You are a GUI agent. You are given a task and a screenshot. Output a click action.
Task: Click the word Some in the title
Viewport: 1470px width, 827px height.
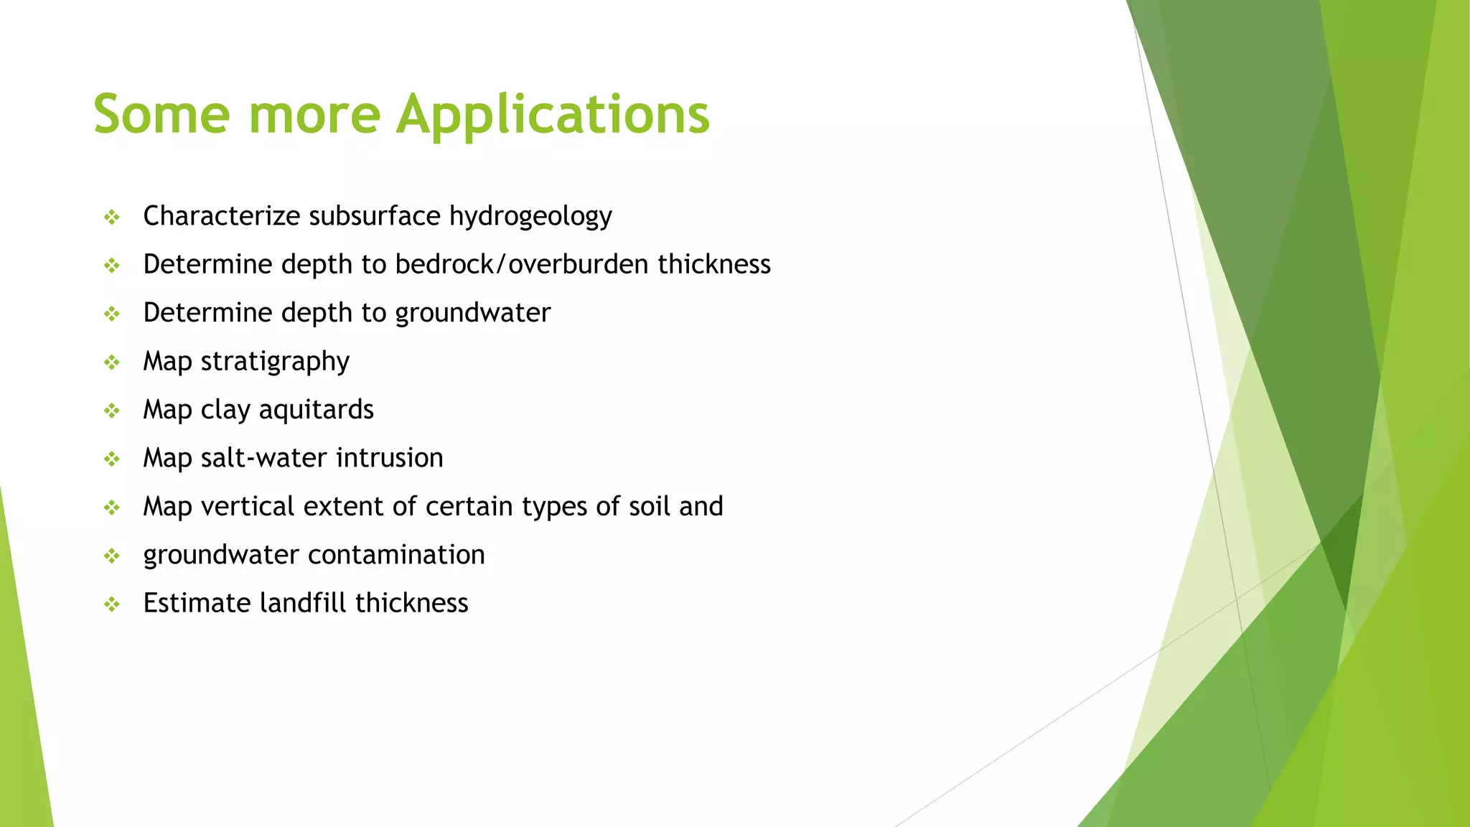(161, 115)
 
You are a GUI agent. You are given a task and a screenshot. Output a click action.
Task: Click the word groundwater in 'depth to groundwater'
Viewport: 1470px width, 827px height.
(472, 313)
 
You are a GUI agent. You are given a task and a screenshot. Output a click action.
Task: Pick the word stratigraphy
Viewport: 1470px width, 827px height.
(275, 361)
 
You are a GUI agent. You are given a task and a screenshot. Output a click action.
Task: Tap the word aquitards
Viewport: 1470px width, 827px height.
(316, 410)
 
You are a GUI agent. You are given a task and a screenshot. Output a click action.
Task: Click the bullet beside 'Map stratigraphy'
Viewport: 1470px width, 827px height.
(111, 363)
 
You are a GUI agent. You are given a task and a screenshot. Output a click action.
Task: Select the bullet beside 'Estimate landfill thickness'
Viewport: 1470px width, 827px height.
(111, 604)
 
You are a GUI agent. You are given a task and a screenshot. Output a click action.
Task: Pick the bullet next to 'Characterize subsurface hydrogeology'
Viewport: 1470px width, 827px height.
(111, 217)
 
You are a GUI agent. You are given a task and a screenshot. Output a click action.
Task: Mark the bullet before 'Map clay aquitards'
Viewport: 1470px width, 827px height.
(111, 411)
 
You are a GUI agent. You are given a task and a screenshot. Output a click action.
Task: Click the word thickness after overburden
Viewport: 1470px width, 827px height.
(713, 264)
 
